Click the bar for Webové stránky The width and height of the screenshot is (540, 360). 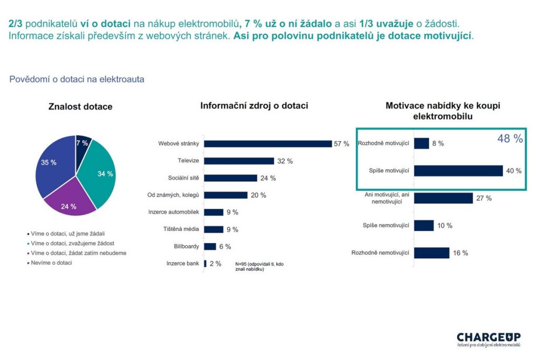[x=267, y=143]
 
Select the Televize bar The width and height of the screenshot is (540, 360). [x=239, y=161]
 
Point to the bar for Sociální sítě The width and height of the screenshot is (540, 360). [x=230, y=178]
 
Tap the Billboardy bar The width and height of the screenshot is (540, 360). [x=210, y=246]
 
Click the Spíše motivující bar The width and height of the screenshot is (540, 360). [x=458, y=171]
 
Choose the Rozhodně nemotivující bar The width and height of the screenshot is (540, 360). [x=431, y=253]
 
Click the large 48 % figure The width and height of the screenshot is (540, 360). [x=510, y=139]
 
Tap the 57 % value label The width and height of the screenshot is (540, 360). [x=342, y=144]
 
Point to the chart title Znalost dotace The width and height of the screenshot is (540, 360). [x=80, y=106]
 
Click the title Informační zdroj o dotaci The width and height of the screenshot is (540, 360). [x=254, y=105]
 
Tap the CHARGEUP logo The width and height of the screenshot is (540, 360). [x=488, y=338]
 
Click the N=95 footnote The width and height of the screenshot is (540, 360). [x=257, y=266]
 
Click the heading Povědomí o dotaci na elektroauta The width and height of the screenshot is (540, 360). [x=77, y=79]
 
